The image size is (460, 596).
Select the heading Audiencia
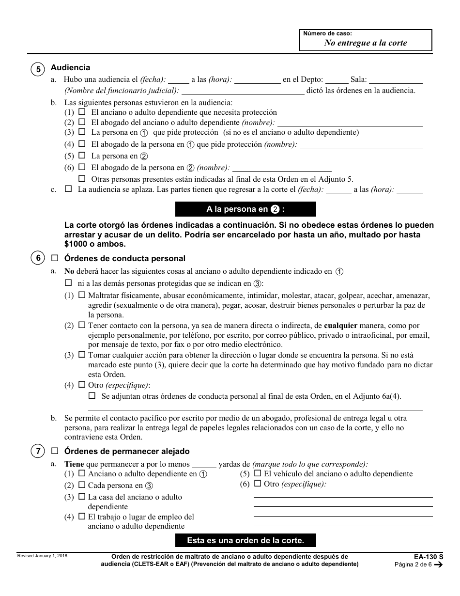(70, 68)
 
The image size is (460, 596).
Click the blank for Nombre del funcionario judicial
(243, 90)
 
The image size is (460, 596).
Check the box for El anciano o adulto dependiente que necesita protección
(82, 112)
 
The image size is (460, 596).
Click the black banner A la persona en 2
(245, 209)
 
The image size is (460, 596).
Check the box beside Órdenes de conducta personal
(55, 259)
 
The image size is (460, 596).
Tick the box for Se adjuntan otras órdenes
(92, 396)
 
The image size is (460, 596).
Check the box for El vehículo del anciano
(258, 473)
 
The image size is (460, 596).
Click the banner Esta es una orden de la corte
(245, 541)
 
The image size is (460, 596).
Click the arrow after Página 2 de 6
(438, 565)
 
